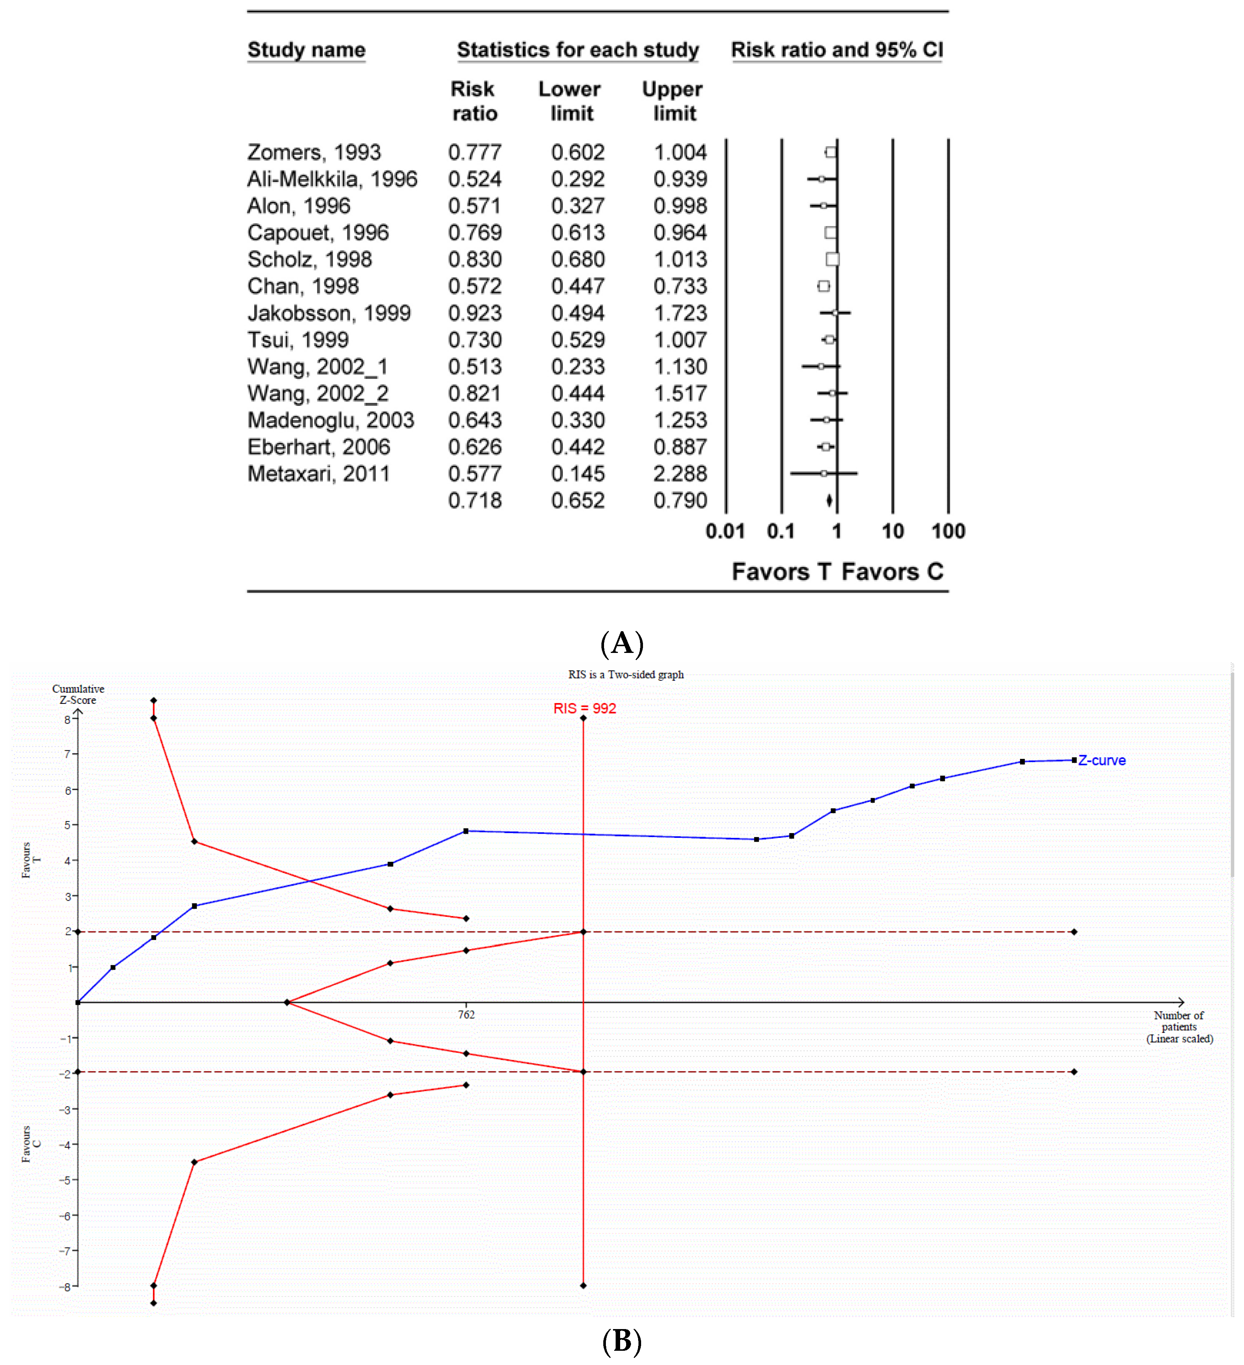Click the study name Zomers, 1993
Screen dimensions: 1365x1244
point(313,152)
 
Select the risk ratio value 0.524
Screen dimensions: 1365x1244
point(475,179)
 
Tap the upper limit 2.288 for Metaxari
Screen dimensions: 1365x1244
point(680,474)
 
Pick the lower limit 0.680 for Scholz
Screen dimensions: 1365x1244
point(578,259)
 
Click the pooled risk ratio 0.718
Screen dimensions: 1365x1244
point(475,501)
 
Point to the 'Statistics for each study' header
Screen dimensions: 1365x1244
point(578,50)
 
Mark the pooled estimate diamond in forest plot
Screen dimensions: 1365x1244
point(829,501)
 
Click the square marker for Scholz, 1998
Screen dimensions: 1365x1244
point(833,259)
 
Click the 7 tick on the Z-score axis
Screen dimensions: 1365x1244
point(68,754)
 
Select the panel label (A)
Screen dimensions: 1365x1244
point(622,643)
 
